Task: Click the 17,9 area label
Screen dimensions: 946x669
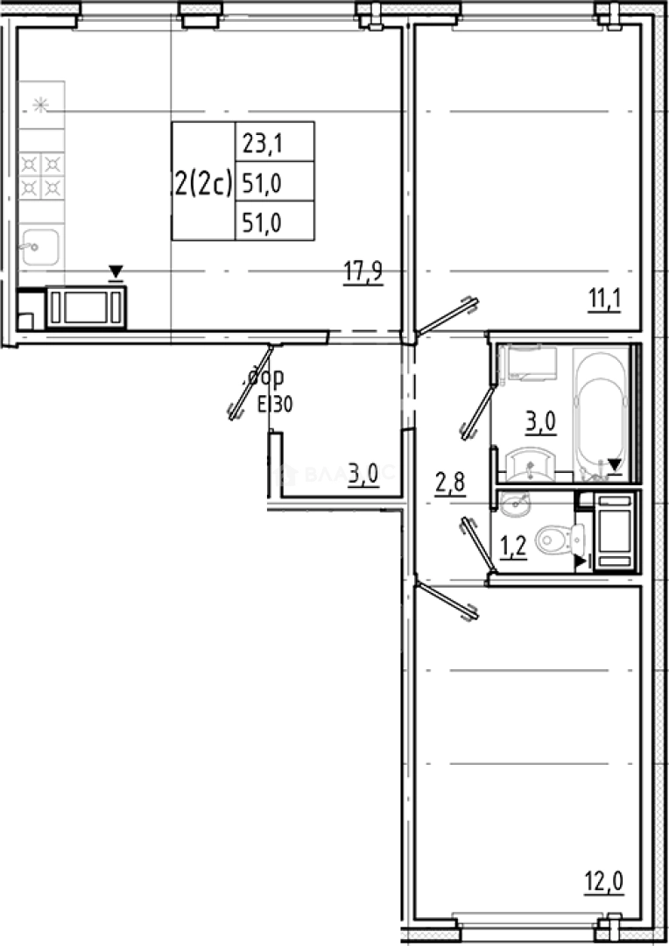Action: (363, 272)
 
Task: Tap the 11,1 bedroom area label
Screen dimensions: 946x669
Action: (604, 301)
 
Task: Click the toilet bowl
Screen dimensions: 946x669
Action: (554, 539)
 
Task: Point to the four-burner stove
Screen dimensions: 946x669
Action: (41, 175)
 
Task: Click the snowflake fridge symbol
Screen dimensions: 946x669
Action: (39, 105)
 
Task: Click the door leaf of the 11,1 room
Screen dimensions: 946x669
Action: (447, 318)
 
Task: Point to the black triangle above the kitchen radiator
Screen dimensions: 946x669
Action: (116, 273)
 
